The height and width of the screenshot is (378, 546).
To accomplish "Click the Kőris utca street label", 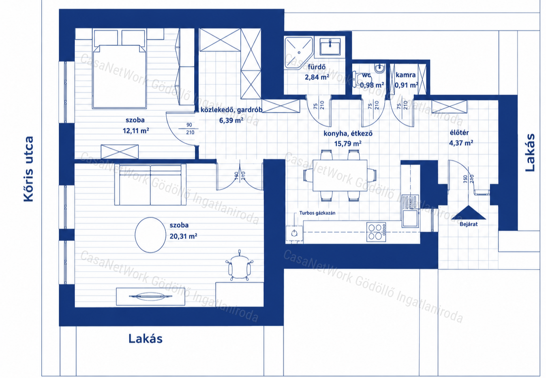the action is tap(28, 169).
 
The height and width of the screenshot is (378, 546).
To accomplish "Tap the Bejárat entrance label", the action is tap(469, 224).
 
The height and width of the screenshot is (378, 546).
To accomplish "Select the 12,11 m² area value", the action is tap(136, 131).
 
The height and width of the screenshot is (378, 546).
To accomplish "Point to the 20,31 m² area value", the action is tap(183, 236).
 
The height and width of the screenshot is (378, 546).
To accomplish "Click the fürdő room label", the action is tap(317, 67).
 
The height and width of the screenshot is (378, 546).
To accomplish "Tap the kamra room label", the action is tap(406, 75).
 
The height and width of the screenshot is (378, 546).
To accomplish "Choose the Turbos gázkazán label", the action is tap(317, 213).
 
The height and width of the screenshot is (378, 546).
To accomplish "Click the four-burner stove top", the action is tap(376, 232).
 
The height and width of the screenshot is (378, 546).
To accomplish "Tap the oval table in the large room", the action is tap(150, 235).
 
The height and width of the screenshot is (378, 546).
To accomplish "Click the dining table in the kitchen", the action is tap(340, 175).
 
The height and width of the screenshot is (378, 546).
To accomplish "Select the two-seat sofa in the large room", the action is tap(150, 184).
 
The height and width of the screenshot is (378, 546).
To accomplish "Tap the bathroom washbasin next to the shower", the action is tap(330, 47).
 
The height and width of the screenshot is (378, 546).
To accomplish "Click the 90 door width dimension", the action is tap(189, 125).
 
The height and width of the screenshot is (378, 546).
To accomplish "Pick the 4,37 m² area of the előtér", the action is tap(461, 143).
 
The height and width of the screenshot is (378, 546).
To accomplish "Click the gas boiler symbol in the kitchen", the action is tap(294, 233).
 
